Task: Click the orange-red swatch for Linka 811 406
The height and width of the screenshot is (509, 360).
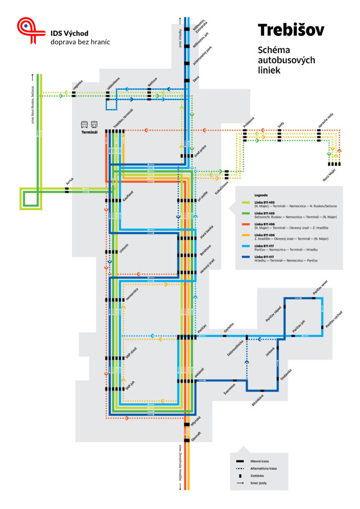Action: pyautogui.click(x=245, y=225)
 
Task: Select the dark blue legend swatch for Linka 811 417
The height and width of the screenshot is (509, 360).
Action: pyautogui.click(x=245, y=256)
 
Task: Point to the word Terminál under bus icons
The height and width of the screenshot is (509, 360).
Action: pyautogui.click(x=90, y=133)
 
